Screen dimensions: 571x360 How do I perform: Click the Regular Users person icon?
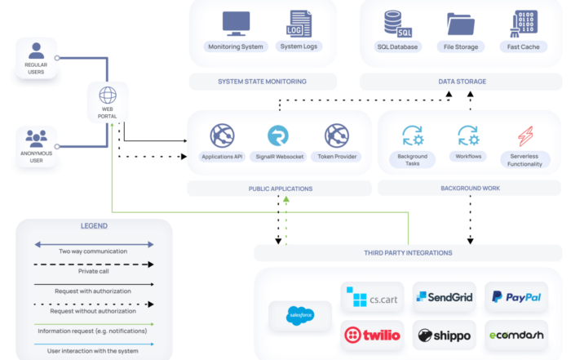[x=36, y=51]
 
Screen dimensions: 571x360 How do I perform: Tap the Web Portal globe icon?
[x=108, y=96]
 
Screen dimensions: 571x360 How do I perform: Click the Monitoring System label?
[x=236, y=47]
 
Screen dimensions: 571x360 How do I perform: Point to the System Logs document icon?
[x=299, y=24]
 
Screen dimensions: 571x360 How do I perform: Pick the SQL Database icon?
[x=398, y=24]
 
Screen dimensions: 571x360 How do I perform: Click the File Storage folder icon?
[x=461, y=24]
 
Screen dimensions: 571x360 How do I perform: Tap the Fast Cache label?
[x=524, y=47]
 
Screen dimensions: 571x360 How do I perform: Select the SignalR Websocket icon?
[x=278, y=136]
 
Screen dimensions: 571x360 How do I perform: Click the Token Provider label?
[x=337, y=157]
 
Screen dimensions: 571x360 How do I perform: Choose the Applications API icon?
[x=222, y=136]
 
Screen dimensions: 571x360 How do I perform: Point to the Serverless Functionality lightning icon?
[x=525, y=136]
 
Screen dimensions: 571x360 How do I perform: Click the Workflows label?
[x=468, y=156]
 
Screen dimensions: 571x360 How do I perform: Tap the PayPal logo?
[x=516, y=297]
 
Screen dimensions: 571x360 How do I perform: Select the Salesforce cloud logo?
[x=300, y=316]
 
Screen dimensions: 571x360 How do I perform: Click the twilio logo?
[x=372, y=336]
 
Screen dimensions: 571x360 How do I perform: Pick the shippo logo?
[x=445, y=336]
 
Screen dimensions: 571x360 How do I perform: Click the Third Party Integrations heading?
[x=408, y=253]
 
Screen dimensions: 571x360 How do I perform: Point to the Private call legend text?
[x=94, y=271]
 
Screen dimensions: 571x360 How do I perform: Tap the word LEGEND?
[x=94, y=226]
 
